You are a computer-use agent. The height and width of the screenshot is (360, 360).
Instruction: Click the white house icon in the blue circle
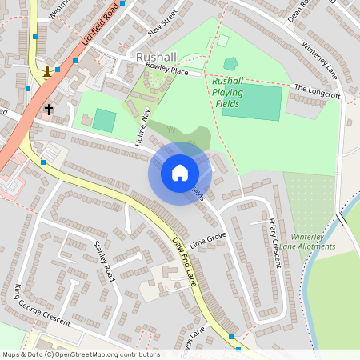point(180,172)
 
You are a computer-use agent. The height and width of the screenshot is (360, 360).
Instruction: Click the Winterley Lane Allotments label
point(313,242)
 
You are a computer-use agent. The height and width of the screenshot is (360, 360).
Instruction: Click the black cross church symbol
point(49,108)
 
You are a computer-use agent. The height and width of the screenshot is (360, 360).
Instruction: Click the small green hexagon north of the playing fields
point(230,63)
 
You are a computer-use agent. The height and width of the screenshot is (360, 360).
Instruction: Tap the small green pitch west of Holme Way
point(104,120)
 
